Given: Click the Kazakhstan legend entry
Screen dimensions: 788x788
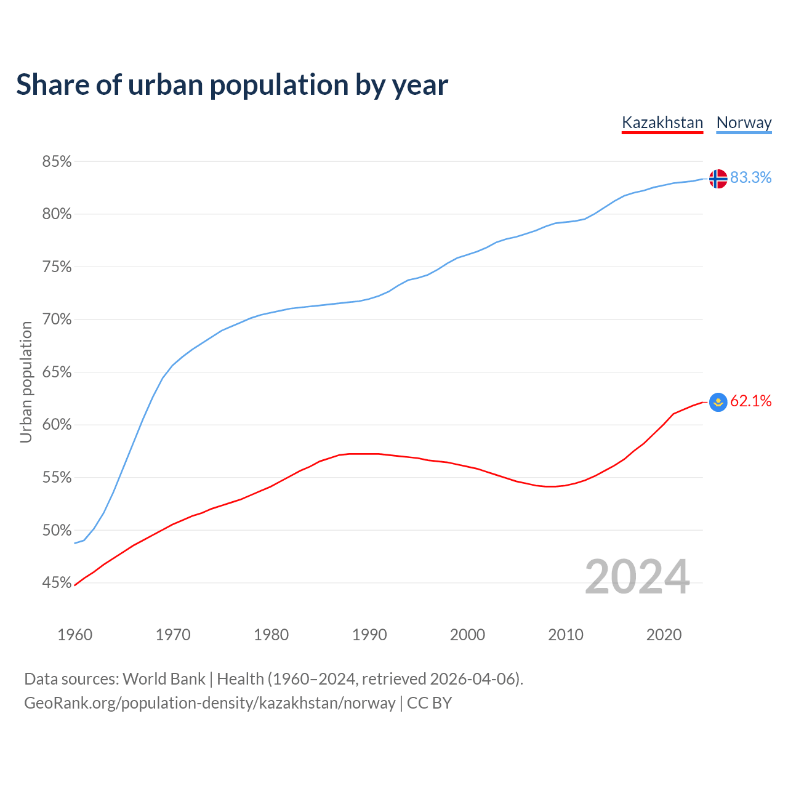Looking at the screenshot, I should (662, 123).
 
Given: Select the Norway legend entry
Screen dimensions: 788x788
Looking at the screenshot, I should (744, 123).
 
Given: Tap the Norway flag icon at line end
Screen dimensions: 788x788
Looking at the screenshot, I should (718, 179).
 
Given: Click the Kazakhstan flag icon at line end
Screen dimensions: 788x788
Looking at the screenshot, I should (718, 402).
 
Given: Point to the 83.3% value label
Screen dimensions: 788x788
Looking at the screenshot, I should (750, 177).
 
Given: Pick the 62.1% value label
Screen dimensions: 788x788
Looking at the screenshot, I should (750, 401).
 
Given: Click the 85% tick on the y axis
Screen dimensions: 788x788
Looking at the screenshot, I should (57, 162).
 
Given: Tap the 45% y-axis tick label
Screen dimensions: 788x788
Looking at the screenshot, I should (57, 582).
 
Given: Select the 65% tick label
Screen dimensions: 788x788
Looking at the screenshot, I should (57, 372).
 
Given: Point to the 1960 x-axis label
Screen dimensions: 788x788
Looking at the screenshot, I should (74, 635).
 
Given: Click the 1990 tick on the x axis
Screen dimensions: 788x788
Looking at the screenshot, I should (369, 635).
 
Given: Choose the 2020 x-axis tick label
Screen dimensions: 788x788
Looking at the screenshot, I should (664, 635).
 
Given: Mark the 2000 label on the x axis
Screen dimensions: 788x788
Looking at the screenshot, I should (467, 635).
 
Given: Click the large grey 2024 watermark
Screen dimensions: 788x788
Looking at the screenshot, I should (637, 577).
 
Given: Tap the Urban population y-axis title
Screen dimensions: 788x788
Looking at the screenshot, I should (26, 382).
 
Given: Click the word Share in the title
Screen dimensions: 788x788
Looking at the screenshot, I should (52, 85).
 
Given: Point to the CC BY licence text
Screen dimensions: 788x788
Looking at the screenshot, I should (430, 703).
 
